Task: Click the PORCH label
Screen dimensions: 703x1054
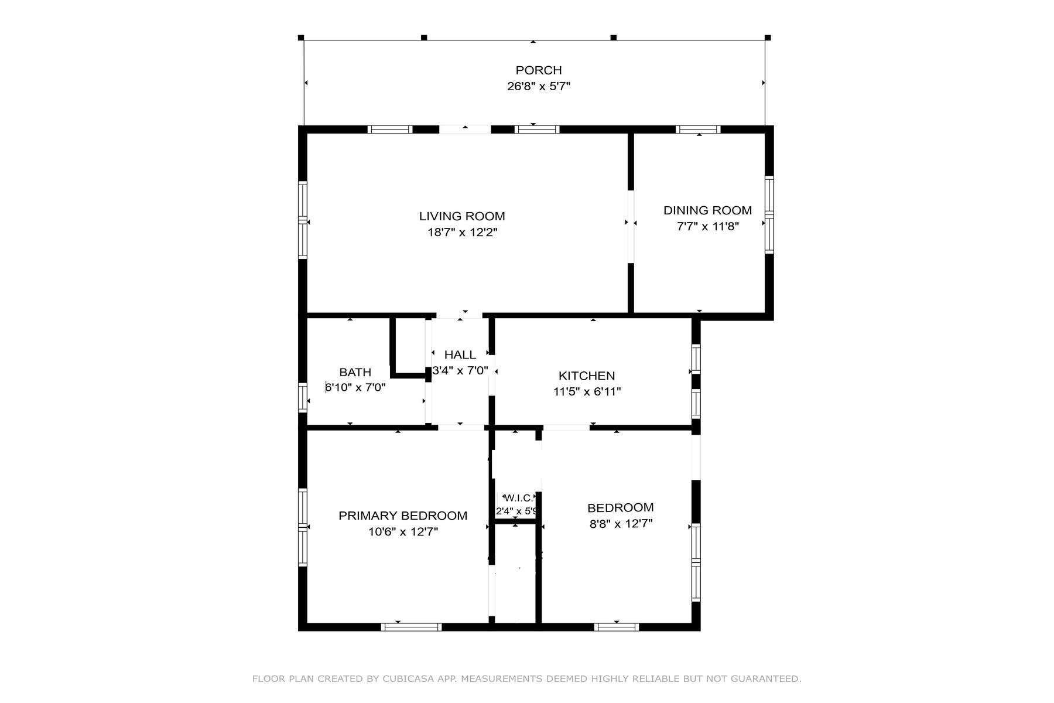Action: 538,70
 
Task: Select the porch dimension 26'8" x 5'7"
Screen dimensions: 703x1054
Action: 538,87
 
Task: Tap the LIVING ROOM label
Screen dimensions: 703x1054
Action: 461,216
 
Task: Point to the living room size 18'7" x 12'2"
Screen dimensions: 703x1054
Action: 462,233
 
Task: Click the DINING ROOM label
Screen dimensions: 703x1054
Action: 707,210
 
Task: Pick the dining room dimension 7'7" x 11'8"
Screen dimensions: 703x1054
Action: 707,227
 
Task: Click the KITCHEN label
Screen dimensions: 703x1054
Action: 586,376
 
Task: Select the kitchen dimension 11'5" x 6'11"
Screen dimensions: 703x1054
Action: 587,392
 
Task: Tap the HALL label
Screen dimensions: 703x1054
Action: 460,354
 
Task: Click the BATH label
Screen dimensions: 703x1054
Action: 355,372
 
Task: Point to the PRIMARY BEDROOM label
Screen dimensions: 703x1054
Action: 402,516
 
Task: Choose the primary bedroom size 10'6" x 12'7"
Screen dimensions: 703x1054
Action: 403,532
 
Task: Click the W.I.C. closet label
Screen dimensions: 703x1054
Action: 518,498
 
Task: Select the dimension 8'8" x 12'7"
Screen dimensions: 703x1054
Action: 621,524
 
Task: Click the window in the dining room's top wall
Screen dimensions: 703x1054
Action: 697,129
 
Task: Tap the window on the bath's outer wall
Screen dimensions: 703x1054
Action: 302,397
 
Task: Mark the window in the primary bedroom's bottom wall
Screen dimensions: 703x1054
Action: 411,627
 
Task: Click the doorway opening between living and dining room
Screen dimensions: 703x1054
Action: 631,226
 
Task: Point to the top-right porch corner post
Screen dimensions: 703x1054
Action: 768,37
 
